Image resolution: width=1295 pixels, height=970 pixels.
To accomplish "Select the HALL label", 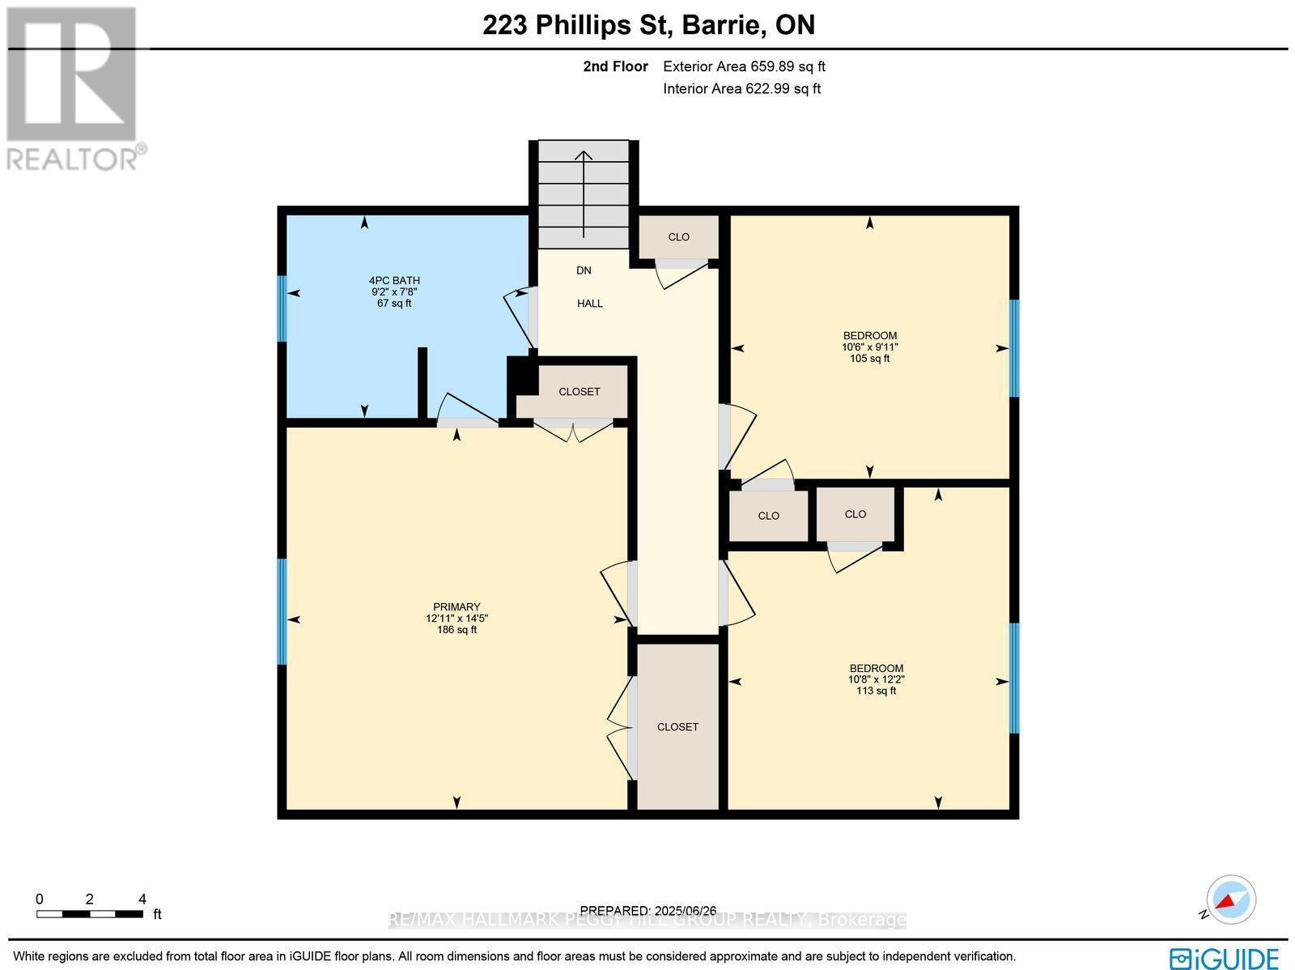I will (589, 304).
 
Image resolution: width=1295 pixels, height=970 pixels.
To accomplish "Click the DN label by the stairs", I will (584, 270).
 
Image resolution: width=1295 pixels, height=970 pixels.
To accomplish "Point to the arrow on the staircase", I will (583, 194).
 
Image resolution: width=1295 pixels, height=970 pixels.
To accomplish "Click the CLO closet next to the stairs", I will (678, 237).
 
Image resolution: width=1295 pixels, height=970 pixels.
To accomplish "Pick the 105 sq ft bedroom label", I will (869, 347).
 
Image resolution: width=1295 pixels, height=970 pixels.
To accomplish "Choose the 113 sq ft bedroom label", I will (870, 679).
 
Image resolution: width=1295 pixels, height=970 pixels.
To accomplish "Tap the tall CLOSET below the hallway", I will (677, 726).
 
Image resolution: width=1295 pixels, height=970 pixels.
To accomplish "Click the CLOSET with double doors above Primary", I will (579, 392).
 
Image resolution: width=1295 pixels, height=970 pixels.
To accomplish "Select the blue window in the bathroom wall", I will (282, 308).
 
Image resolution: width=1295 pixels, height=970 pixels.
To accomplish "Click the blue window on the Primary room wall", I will (282, 611).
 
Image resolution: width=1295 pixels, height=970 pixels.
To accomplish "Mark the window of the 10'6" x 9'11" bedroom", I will (1013, 348).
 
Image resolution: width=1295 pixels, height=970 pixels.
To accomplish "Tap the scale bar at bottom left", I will (89, 914).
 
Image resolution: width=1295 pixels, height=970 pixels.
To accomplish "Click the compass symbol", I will (1231, 900).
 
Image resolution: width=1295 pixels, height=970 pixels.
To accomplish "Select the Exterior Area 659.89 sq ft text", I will (744, 67).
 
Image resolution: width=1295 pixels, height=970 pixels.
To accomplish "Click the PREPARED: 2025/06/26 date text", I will (649, 911).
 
